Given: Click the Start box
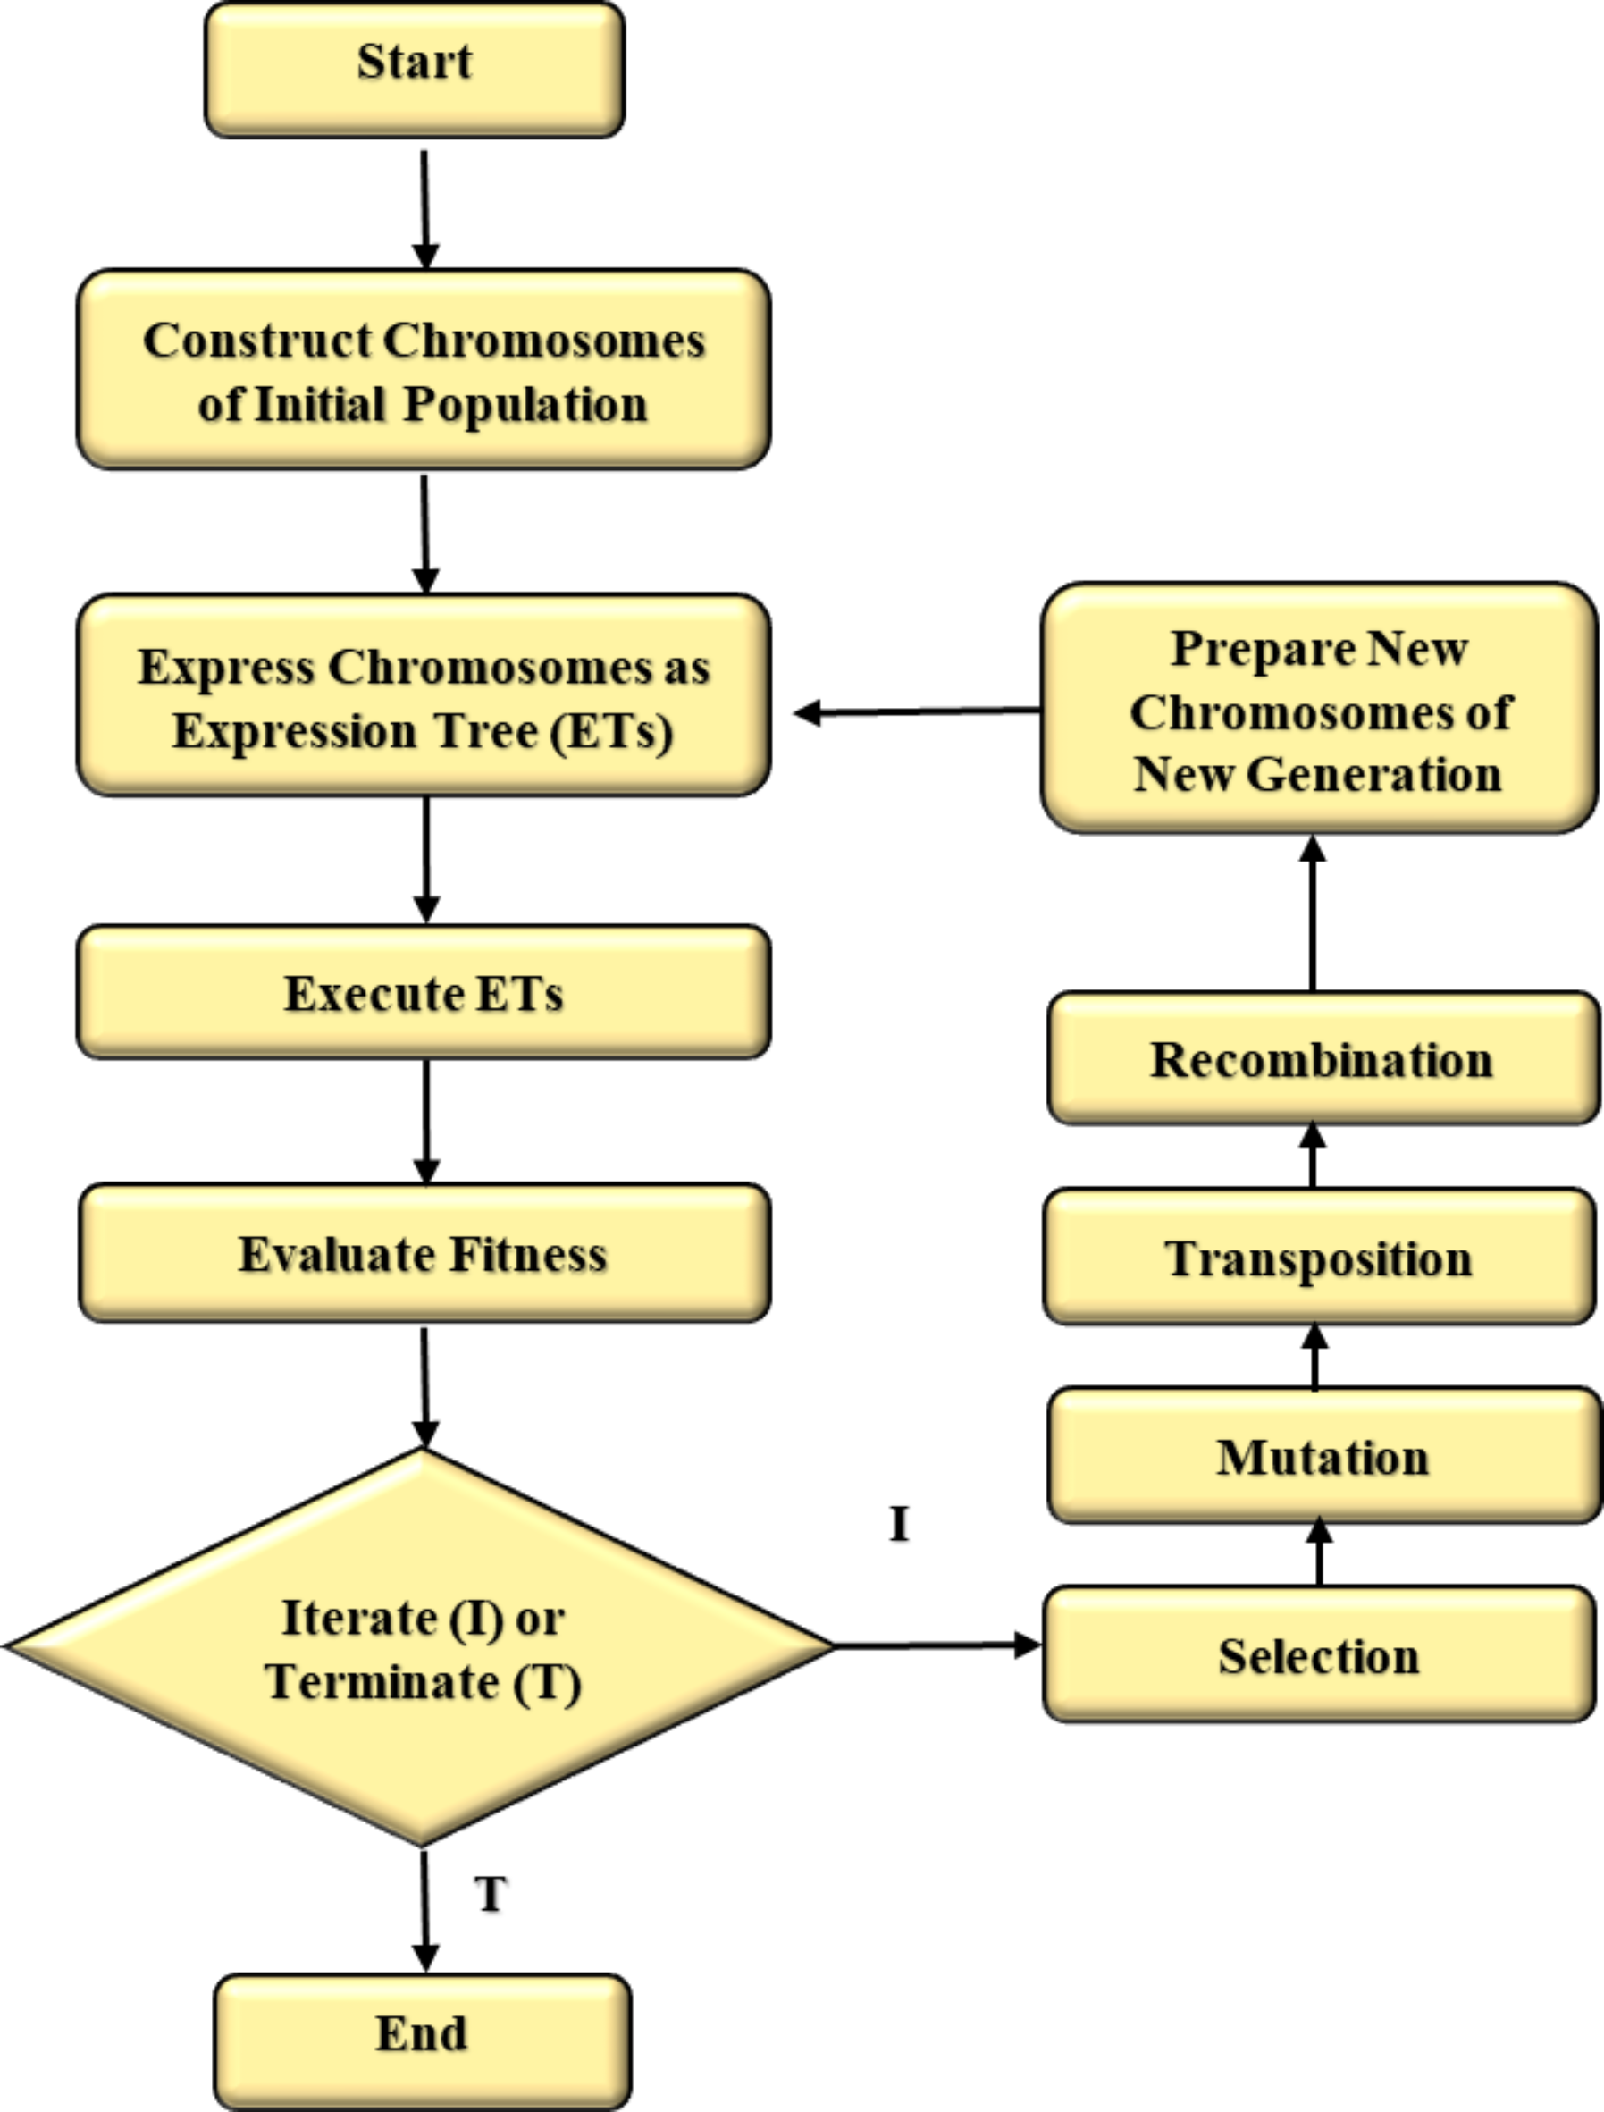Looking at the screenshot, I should (x=415, y=69).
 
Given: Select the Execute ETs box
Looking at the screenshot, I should (x=424, y=992).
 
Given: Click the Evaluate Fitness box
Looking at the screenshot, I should (x=424, y=1254).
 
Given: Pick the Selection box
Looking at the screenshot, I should (x=1320, y=1654).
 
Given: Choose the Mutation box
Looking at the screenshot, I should (x=1323, y=1456).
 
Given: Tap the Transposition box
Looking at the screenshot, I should (x=1320, y=1258).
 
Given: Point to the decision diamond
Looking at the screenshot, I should (x=420, y=1647).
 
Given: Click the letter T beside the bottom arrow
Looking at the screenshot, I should (x=491, y=1894).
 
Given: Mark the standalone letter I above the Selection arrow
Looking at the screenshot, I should (x=898, y=1524).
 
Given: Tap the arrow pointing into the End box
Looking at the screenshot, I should (x=424, y=1910).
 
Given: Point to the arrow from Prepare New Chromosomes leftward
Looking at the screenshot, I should (x=917, y=711).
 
